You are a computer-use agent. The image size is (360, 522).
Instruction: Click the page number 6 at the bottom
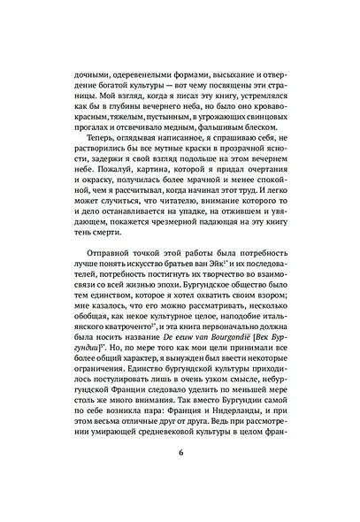click(180, 480)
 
